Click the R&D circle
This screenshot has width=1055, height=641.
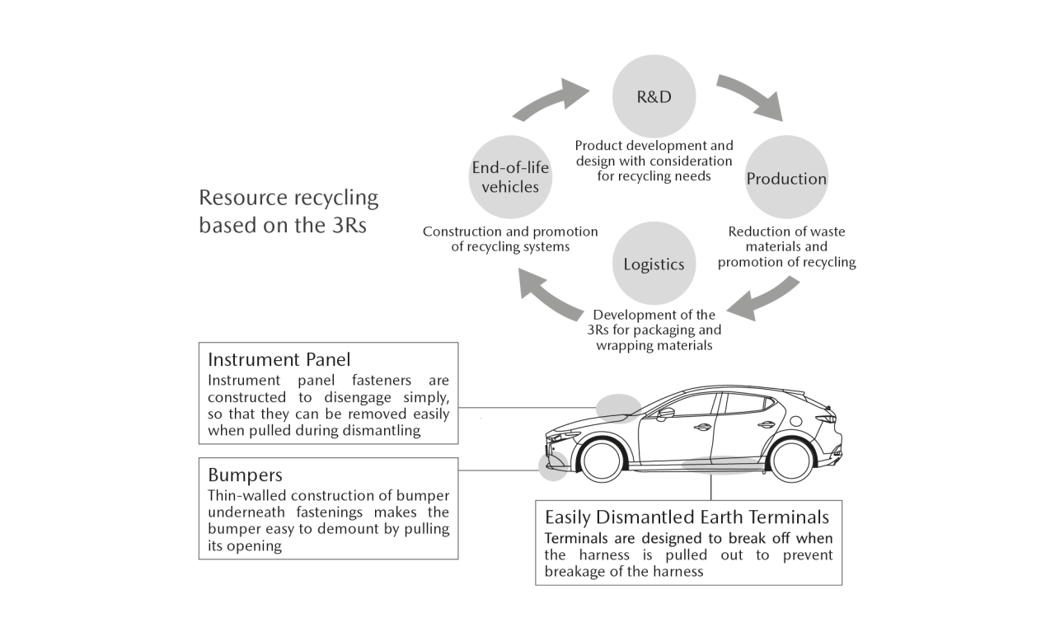pyautogui.click(x=654, y=96)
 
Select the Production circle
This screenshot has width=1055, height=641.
pyautogui.click(x=786, y=177)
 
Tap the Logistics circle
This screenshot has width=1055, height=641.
pyautogui.click(x=654, y=263)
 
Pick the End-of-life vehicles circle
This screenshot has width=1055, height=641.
pyautogui.click(x=510, y=177)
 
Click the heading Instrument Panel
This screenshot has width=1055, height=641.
pyautogui.click(x=279, y=359)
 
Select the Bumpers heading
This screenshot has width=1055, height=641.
pyautogui.click(x=245, y=475)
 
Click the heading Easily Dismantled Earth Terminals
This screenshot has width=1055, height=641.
pyautogui.click(x=687, y=517)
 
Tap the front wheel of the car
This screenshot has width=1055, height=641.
pyautogui.click(x=602, y=460)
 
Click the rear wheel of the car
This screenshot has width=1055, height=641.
pyautogui.click(x=790, y=461)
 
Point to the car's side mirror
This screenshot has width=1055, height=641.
pyautogui.click(x=665, y=414)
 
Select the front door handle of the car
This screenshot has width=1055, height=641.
pyautogui.click(x=701, y=428)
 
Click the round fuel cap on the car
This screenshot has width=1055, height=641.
pyautogui.click(x=795, y=421)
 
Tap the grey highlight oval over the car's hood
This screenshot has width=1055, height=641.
pyautogui.click(x=618, y=409)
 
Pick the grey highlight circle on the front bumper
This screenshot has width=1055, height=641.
pyautogui.click(x=553, y=466)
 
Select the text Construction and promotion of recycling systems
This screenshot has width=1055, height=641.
pyautogui.click(x=510, y=239)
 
